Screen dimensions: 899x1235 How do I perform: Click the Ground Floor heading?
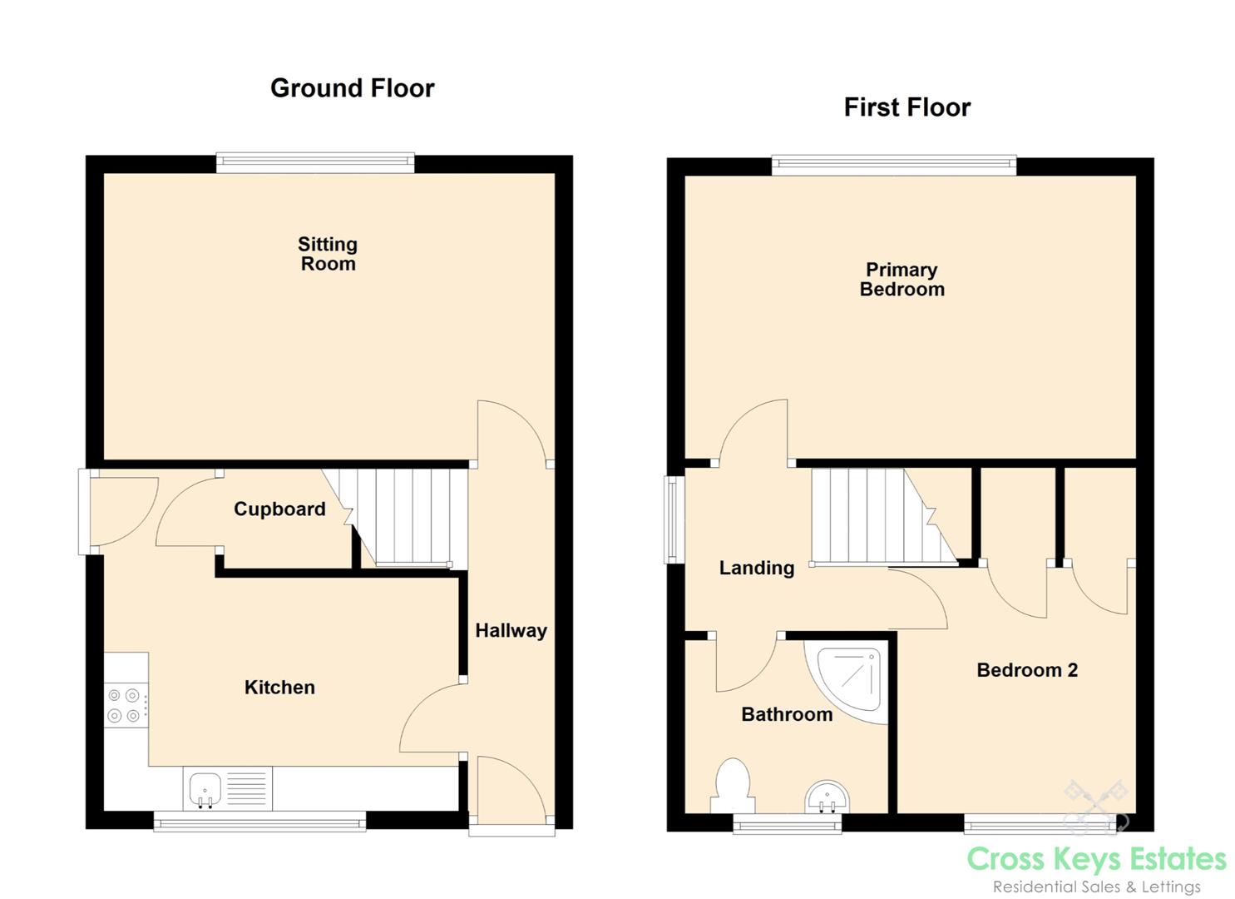(352, 88)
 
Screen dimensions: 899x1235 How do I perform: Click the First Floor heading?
(906, 107)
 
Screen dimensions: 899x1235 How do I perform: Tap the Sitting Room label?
(328, 254)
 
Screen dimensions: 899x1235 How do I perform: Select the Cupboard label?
(279, 509)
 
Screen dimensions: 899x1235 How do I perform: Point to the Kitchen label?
(279, 688)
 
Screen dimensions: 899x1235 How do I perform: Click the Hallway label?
(511, 631)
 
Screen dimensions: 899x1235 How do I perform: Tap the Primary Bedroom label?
(902, 280)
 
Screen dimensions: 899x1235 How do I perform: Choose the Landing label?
(756, 569)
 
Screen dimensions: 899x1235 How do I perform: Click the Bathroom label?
(787, 715)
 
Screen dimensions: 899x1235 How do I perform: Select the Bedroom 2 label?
(1027, 671)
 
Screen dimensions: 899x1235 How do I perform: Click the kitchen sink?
(205, 788)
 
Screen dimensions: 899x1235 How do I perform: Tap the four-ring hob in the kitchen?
(125, 705)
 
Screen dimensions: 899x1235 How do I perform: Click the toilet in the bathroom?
(733, 784)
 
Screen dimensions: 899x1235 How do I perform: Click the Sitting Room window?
(315, 162)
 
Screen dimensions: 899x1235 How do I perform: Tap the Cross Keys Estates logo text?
(1096, 858)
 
